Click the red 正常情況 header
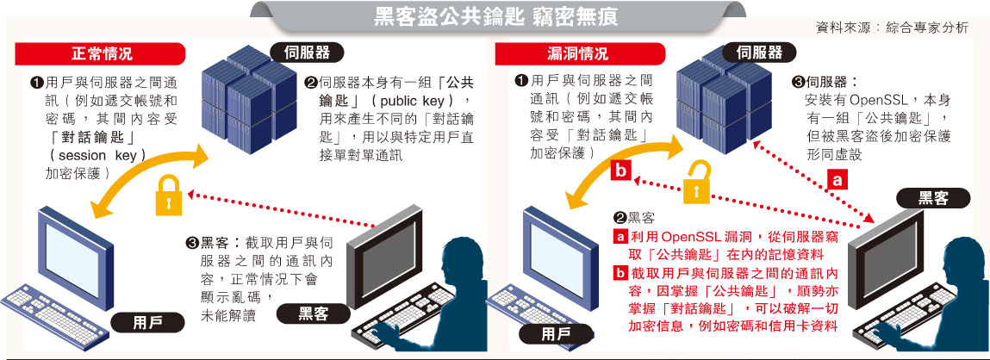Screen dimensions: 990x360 [x=101, y=53]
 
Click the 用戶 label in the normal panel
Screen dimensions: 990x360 [x=148, y=323]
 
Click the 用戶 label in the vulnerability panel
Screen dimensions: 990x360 [x=557, y=334]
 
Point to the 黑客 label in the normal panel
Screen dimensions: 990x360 [x=314, y=313]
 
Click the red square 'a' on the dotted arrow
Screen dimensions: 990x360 [x=837, y=180]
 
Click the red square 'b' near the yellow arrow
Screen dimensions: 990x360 [x=620, y=171]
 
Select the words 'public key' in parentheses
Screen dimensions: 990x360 [x=413, y=101]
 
